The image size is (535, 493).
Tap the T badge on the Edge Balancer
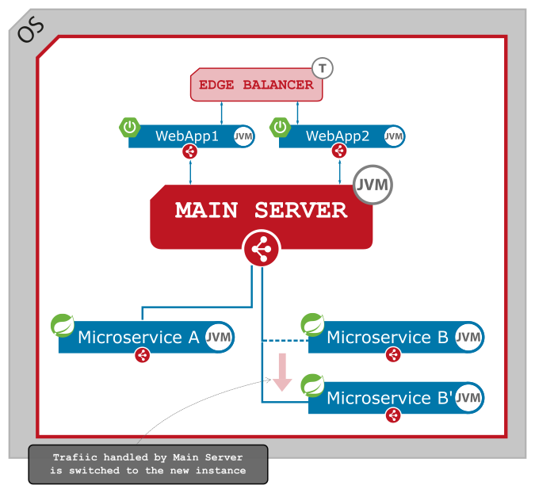322,68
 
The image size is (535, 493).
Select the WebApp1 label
187,136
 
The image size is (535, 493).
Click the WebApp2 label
338,136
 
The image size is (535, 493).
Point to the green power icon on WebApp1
130,127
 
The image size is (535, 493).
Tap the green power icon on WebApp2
281,127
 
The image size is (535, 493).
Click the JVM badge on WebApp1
243,136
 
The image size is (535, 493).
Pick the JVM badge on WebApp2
394,136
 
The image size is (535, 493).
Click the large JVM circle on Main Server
373,185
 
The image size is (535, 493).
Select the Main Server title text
261,210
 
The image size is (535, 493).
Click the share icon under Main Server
261,250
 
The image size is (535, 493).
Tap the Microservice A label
139,338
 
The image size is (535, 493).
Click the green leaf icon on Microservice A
63,325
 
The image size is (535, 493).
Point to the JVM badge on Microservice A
218,338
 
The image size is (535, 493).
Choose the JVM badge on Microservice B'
468,398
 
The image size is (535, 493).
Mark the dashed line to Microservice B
285,341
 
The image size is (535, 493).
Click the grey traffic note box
148,464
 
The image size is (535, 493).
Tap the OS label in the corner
30,30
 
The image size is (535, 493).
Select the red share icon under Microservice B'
392,415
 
